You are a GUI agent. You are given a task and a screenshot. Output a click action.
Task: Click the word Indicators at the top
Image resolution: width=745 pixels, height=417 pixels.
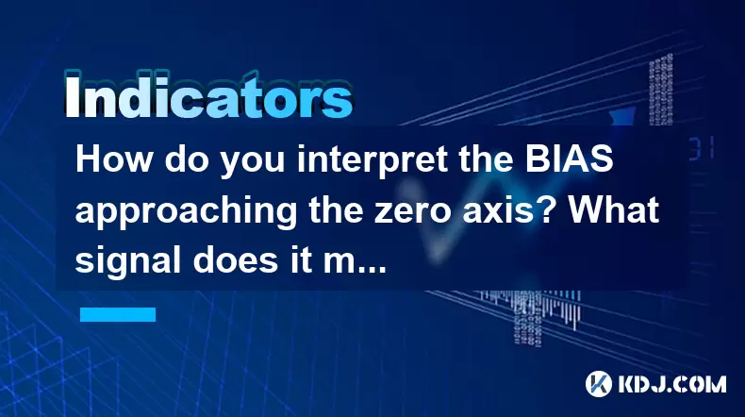[208, 95]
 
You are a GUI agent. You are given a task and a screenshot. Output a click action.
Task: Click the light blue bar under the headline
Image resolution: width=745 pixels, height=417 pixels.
[118, 314]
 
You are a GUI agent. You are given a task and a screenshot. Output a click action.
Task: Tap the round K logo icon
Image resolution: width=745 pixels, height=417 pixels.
[599, 384]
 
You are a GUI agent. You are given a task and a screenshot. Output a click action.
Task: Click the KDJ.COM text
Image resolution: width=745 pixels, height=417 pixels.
[671, 384]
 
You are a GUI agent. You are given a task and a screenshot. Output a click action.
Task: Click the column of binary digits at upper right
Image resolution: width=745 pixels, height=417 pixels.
[661, 90]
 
